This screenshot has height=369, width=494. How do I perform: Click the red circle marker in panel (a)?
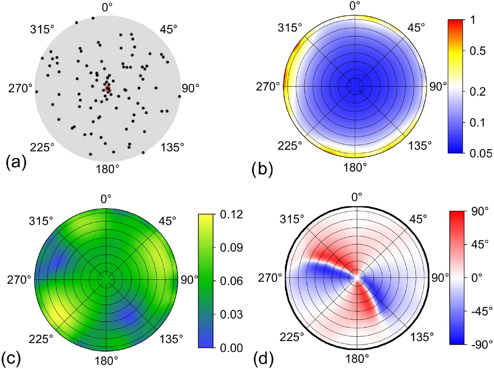108,89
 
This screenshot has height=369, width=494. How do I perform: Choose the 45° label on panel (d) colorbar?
480,245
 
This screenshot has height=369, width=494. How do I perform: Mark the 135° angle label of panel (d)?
420,337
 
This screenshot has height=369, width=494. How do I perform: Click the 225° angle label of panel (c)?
42,339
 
